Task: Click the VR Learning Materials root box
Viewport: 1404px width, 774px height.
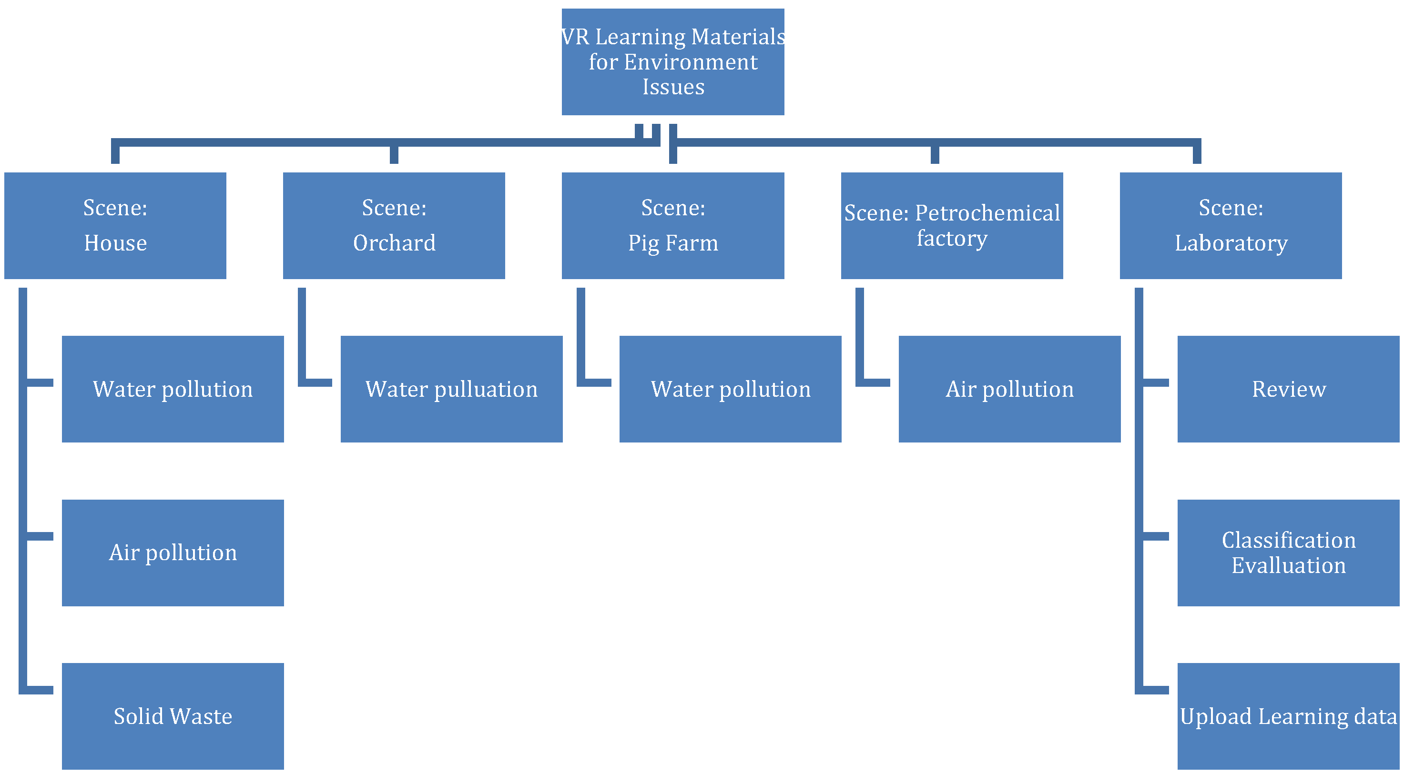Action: tap(672, 61)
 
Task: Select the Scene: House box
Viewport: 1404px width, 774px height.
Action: tap(115, 225)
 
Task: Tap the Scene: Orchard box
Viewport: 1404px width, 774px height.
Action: tap(394, 225)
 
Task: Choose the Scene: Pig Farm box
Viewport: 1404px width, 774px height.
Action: tap(672, 225)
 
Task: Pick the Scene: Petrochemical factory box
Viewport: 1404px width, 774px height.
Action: tap(952, 225)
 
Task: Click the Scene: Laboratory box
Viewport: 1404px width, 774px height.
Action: tap(1230, 225)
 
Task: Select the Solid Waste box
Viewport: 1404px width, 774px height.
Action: tap(173, 716)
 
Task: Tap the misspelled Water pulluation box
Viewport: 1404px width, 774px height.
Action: tap(451, 389)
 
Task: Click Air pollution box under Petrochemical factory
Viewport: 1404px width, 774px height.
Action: tap(1009, 389)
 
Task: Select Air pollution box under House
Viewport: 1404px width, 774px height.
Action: tap(173, 553)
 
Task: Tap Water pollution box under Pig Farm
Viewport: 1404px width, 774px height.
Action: tap(730, 389)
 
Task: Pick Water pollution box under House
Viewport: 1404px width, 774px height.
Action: tap(173, 389)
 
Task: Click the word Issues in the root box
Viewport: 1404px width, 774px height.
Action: tap(673, 87)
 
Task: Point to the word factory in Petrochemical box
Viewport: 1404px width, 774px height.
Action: tap(952, 239)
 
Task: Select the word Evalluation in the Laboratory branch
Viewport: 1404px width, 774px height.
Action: tap(1289, 565)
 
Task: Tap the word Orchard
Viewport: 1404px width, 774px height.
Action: tap(394, 243)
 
